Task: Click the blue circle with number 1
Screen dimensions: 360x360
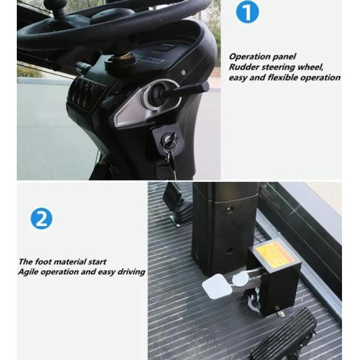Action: point(247,12)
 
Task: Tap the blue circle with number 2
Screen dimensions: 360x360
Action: point(41,218)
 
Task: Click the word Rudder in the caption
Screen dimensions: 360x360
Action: point(244,67)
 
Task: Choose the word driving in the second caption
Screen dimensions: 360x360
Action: point(131,272)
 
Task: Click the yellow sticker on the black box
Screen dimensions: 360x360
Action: point(275,252)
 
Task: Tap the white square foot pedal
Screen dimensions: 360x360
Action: point(217,287)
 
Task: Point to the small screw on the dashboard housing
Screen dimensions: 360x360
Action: point(183,73)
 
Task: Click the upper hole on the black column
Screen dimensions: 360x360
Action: point(229,209)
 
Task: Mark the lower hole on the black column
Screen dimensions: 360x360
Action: point(229,250)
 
